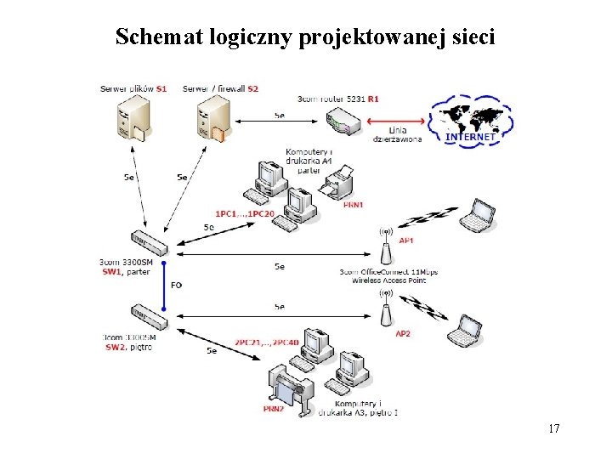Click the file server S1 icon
click(131, 118)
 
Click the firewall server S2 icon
click(212, 118)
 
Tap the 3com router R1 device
click(345, 121)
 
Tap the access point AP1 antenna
click(385, 246)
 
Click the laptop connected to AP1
click(477, 218)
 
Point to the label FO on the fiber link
click(176, 285)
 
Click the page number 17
click(554, 428)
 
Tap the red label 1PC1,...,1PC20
click(244, 213)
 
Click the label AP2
click(403, 334)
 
